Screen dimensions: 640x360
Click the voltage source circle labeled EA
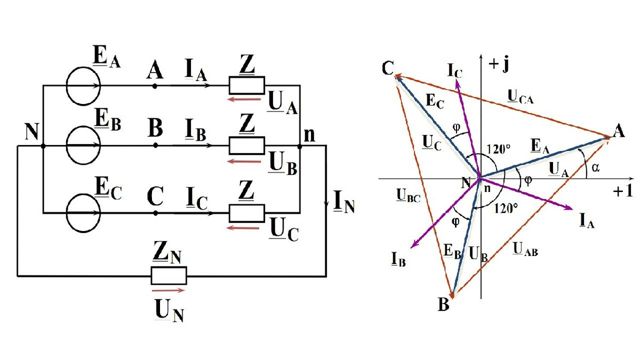click(x=67, y=86)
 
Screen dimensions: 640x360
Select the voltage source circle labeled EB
click(x=67, y=145)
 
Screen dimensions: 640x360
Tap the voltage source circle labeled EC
click(x=67, y=213)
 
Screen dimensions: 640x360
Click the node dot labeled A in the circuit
click(x=155, y=86)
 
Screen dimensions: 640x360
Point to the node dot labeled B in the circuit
click(x=155, y=146)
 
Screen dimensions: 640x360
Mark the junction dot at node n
click(x=299, y=147)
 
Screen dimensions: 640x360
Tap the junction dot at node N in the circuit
click(x=43, y=146)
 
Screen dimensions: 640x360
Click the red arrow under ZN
click(x=169, y=291)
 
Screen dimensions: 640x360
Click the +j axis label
click(x=499, y=65)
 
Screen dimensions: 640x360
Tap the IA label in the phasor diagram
click(x=587, y=221)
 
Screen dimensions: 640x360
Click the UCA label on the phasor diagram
click(x=521, y=97)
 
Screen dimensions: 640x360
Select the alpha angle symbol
click(x=595, y=167)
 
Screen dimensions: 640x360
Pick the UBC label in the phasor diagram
click(x=409, y=196)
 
